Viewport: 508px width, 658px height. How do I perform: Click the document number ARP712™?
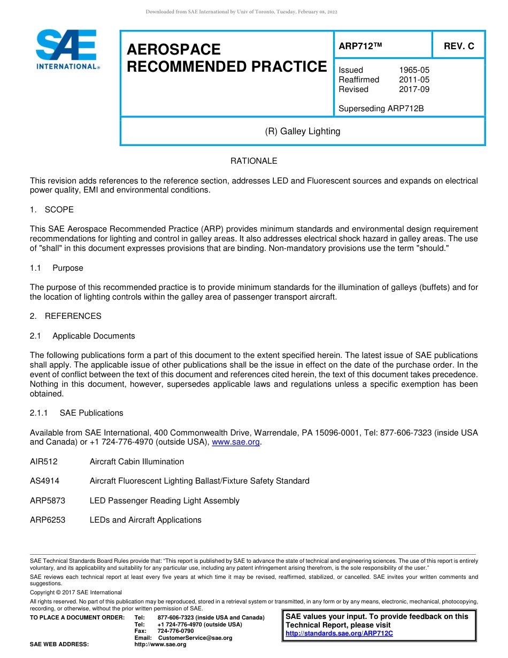coord(360,46)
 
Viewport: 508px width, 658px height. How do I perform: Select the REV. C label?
coord(458,46)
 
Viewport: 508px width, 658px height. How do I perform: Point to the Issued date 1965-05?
coord(414,70)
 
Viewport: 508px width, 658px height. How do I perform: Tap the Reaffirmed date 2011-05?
coord(414,80)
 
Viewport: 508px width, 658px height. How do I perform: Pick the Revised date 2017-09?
coord(414,89)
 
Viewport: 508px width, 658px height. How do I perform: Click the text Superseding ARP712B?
coord(381,109)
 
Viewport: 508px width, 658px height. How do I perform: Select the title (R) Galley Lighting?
coord(302,132)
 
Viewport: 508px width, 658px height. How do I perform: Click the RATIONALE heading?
coord(253,161)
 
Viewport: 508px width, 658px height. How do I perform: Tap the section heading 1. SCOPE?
coord(52,210)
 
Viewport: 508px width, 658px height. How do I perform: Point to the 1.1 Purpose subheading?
coord(56,268)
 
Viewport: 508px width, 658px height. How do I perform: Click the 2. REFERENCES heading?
coord(65,316)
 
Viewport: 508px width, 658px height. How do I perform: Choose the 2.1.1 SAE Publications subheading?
coord(76,413)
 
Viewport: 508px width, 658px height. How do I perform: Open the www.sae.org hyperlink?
coord(236,442)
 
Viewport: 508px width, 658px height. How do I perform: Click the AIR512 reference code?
coord(44,462)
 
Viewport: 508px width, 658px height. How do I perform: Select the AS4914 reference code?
coord(44,481)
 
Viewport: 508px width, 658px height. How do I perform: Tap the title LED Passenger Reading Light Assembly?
coord(164,501)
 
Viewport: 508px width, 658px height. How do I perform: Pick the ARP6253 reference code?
coord(48,520)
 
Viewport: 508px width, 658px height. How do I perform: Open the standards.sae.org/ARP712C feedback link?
coord(339,634)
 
